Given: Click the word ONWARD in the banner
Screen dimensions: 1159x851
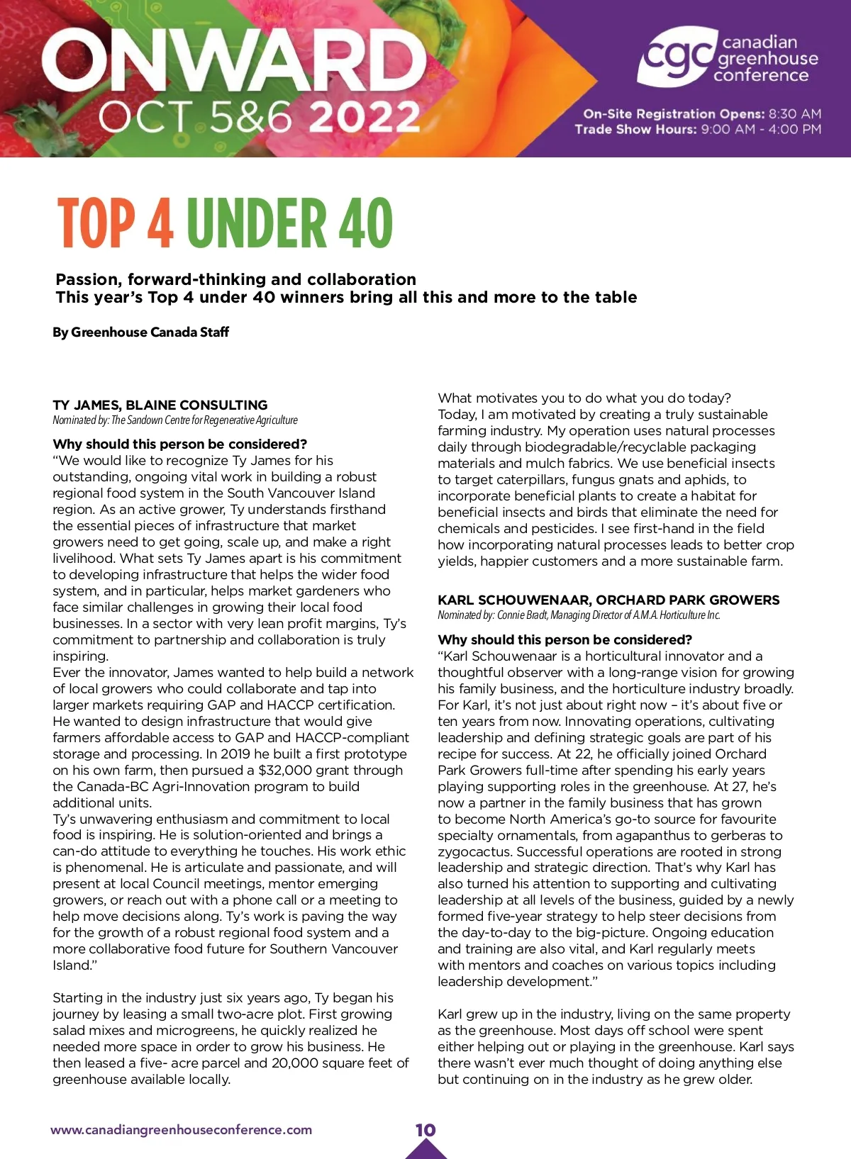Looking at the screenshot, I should pyautogui.click(x=234, y=62).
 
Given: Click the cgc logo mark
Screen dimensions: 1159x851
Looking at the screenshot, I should pyautogui.click(x=676, y=57).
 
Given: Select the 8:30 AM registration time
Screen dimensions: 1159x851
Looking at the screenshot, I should pyautogui.click(x=795, y=114).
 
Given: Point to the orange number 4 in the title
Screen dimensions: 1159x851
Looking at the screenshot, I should pyautogui.click(x=160, y=223).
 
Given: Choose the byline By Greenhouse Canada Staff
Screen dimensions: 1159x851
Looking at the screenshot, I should pyautogui.click(x=140, y=332).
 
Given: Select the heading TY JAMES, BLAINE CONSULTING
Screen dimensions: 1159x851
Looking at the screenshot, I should pyautogui.click(x=160, y=405).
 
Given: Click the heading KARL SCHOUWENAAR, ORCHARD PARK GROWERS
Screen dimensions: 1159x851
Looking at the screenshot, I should pyautogui.click(x=608, y=600).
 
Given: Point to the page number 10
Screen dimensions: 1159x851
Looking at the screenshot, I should pyautogui.click(x=425, y=1130).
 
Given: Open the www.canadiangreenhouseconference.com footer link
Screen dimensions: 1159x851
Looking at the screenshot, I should pyautogui.click(x=181, y=1130).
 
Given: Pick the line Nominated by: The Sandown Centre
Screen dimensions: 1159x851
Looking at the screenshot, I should pyautogui.click(x=174, y=420).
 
